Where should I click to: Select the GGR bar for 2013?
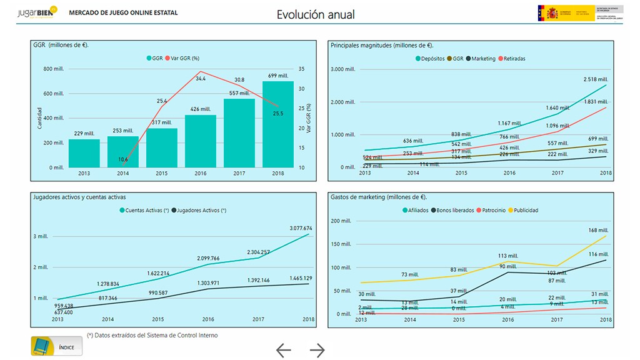tap(84, 153)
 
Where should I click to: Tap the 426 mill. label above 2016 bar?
tap(200, 109)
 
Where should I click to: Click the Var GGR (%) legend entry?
tap(184, 58)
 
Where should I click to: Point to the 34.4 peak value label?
tap(201, 79)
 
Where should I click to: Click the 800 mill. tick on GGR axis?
tap(54, 69)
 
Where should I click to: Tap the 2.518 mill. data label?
tap(596, 79)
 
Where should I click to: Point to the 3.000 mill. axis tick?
tap(342, 69)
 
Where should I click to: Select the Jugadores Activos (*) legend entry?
tap(201, 211)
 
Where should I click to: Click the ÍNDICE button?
tap(57, 346)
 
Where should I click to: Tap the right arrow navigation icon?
tap(317, 351)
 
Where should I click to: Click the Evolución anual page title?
tap(316, 14)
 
